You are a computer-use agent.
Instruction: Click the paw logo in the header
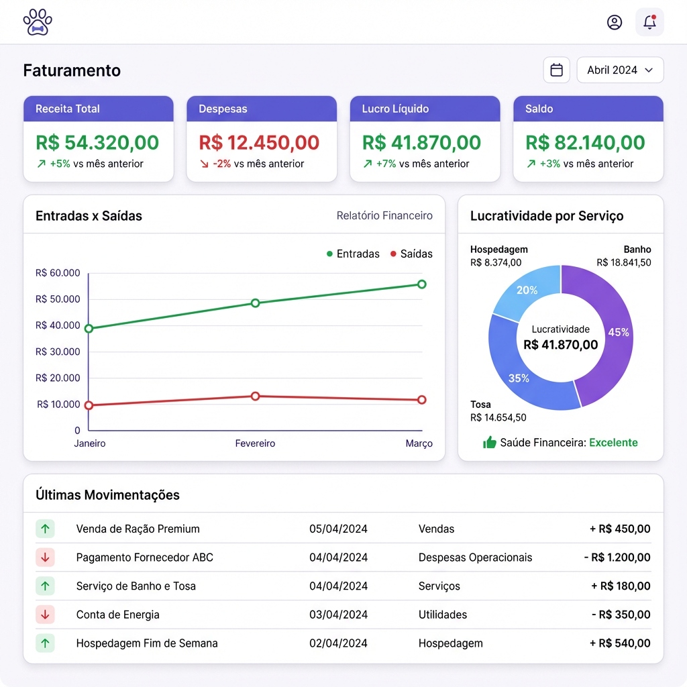pyautogui.click(x=38, y=22)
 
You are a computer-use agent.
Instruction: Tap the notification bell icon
pyautogui.click(x=649, y=22)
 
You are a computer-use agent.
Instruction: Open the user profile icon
pyautogui.click(x=615, y=22)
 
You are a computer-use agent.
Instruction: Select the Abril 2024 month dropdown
pyautogui.click(x=620, y=70)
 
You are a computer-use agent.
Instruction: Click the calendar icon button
pyautogui.click(x=556, y=70)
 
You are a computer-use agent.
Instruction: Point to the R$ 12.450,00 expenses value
pyautogui.click(x=259, y=142)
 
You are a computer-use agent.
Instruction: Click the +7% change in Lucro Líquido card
pyautogui.click(x=386, y=164)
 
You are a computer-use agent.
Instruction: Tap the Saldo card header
pyautogui.click(x=588, y=109)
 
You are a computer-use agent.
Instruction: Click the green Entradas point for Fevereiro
pyautogui.click(x=255, y=303)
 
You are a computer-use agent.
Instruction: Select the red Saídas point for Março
pyautogui.click(x=422, y=400)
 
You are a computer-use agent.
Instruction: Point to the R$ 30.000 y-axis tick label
pyautogui.click(x=58, y=352)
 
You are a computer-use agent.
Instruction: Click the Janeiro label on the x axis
pyautogui.click(x=90, y=443)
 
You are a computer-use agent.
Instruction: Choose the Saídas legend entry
pyautogui.click(x=411, y=254)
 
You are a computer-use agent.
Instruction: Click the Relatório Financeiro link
pyautogui.click(x=384, y=216)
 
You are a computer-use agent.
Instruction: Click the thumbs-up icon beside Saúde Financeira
pyautogui.click(x=490, y=442)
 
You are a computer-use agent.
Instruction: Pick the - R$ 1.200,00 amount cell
pyautogui.click(x=617, y=558)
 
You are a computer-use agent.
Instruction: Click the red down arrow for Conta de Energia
pyautogui.click(x=45, y=614)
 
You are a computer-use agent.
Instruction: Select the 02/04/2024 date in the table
pyautogui.click(x=338, y=643)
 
